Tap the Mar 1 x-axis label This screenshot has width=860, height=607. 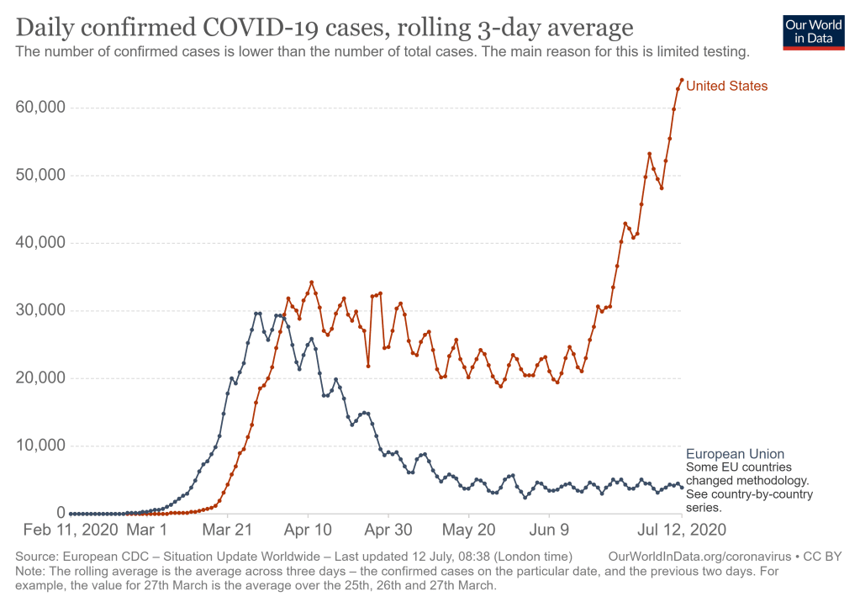click(147, 530)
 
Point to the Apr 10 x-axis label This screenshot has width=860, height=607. click(309, 530)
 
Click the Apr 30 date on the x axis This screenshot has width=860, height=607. click(388, 530)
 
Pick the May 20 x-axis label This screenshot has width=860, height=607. click(469, 530)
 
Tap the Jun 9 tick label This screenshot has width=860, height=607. click(549, 530)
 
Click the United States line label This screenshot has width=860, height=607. click(726, 86)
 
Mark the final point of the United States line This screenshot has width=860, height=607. click(681, 81)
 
